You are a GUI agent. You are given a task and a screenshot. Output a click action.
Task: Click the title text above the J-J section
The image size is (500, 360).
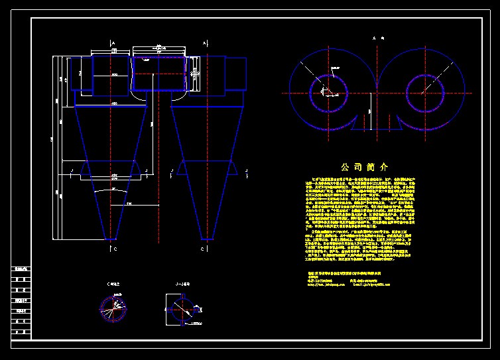pyautogui.click(x=181, y=284)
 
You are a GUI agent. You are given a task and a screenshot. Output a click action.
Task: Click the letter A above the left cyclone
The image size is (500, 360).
pyautogui.click(x=113, y=42)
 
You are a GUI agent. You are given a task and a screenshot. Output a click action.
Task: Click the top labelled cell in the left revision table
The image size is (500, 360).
pyautogui.click(x=22, y=269)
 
